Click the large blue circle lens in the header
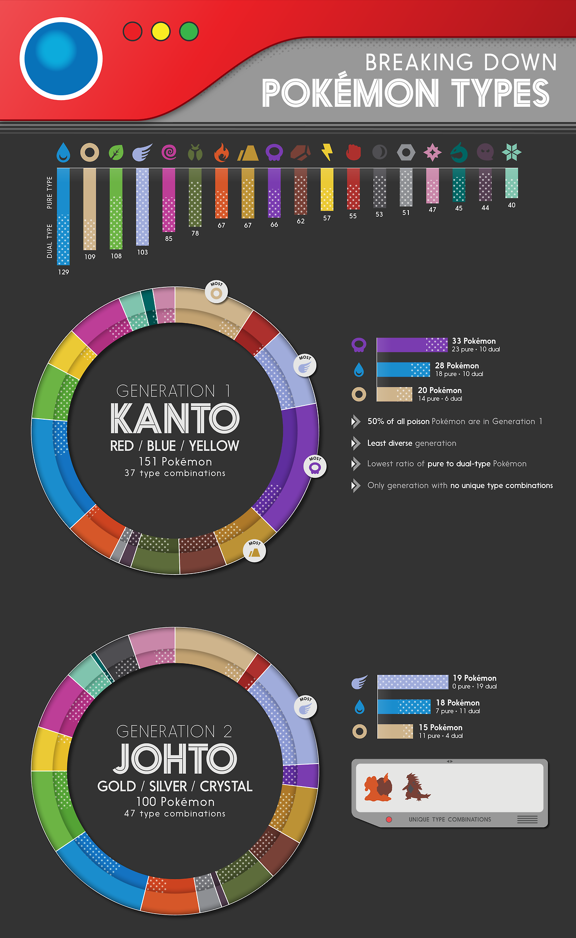pos(61,59)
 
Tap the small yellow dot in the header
pos(161,31)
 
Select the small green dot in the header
pos(189,31)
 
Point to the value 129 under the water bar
pos(64,272)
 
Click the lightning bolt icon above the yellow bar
pos(327,152)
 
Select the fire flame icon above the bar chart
pos(221,152)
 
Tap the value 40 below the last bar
pos(512,205)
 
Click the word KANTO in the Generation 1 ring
pos(175,418)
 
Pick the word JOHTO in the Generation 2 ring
pos(175,759)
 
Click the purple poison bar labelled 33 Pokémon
pos(412,345)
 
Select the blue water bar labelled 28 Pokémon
pos(404,369)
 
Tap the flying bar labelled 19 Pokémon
pos(413,682)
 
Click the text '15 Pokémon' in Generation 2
pos(441,727)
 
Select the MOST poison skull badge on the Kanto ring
pos(315,467)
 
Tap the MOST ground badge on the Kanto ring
pos(255,552)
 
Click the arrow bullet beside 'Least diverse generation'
pos(356,443)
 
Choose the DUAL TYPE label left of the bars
pos(49,241)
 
